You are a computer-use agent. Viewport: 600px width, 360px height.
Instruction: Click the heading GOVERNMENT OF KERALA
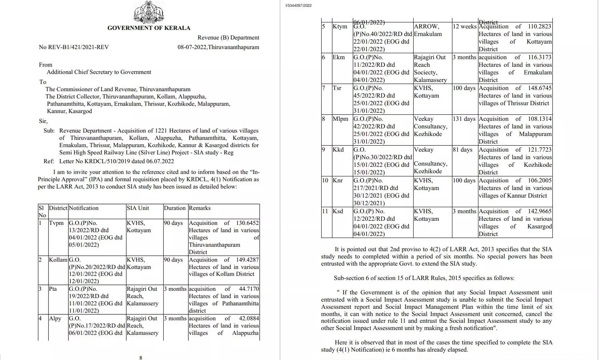point(149,28)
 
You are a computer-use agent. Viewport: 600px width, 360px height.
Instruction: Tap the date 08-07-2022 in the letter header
point(192,47)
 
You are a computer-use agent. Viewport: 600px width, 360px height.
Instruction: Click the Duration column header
point(175,208)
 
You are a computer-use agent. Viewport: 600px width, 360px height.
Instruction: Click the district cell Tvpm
point(56,223)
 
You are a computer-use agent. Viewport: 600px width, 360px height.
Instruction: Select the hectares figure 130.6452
point(247,223)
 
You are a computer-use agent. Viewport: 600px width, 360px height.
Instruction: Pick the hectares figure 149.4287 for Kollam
point(247,260)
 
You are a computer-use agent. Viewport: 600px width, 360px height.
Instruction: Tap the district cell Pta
point(53,289)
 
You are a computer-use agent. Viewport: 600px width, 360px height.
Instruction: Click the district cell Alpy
point(55,318)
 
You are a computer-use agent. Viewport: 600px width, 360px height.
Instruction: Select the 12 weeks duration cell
point(464,26)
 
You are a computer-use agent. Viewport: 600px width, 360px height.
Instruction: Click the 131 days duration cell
point(464,119)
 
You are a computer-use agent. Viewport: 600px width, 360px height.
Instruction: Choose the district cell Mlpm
point(340,119)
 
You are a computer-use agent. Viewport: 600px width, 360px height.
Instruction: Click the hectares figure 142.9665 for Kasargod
point(540,211)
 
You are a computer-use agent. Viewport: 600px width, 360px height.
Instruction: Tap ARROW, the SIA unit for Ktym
point(426,26)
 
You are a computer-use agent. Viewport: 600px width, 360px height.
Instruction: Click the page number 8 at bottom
point(140,358)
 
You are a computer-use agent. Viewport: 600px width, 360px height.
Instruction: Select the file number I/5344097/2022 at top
point(298,6)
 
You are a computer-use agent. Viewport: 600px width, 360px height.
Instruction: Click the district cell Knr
point(338,180)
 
